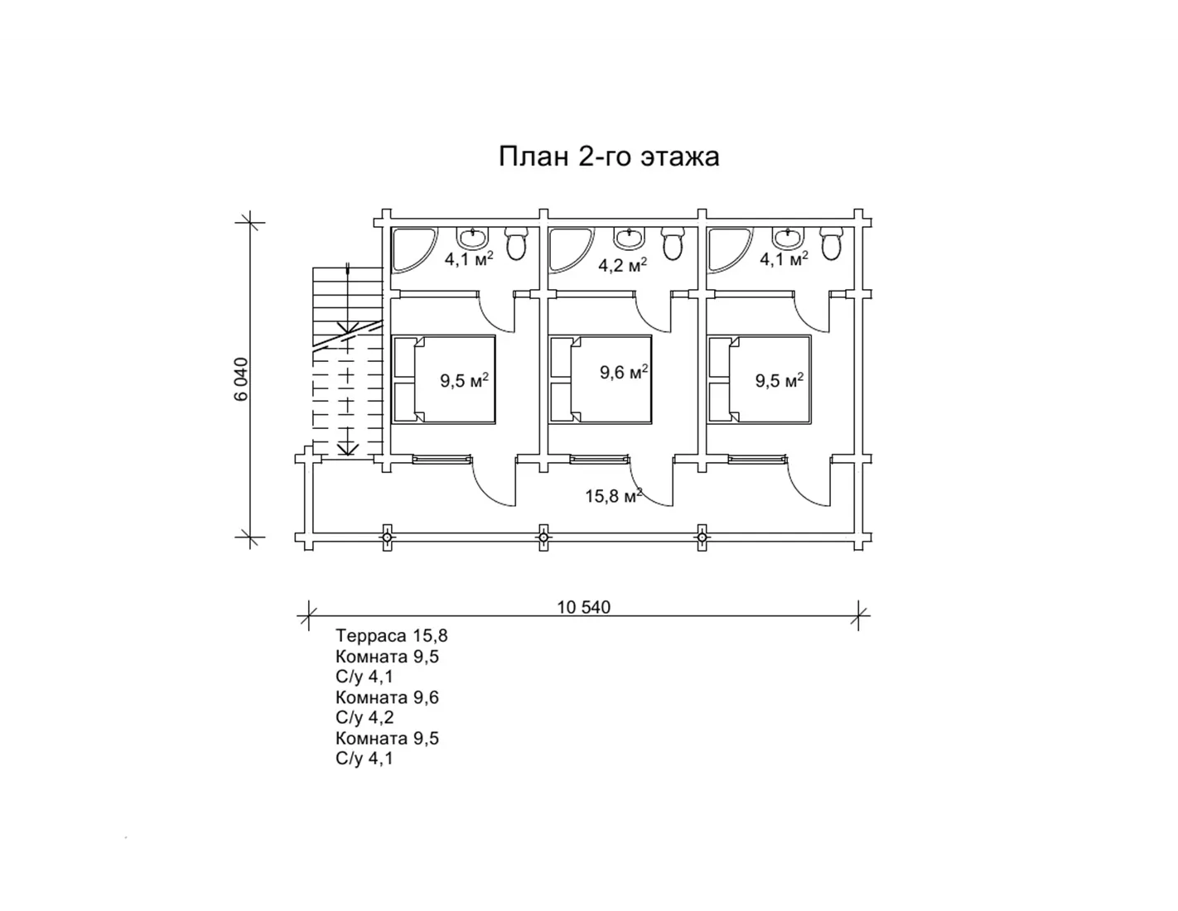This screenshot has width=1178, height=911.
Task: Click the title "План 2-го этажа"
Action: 608,156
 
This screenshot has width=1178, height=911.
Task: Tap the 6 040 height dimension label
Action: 241,378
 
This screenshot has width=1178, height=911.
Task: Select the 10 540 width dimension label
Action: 583,607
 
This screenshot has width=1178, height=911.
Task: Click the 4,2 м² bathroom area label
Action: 622,265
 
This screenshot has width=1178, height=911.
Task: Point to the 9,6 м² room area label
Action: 624,372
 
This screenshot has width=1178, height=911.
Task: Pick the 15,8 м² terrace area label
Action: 613,495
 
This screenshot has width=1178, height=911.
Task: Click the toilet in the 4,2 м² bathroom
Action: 673,243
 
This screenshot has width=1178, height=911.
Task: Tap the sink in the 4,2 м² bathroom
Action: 629,238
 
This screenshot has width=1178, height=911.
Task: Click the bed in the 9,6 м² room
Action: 600,378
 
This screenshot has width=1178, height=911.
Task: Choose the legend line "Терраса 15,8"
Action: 391,635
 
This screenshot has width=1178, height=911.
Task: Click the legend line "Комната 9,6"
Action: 387,697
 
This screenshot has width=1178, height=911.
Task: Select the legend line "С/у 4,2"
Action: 365,717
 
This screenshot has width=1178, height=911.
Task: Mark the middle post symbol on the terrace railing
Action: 543,537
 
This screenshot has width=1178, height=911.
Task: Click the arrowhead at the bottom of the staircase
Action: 347,449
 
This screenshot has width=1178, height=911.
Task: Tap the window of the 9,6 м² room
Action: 599,460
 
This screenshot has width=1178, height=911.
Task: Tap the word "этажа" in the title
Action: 680,157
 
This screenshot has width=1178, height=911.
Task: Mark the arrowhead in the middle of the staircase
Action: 347,328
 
